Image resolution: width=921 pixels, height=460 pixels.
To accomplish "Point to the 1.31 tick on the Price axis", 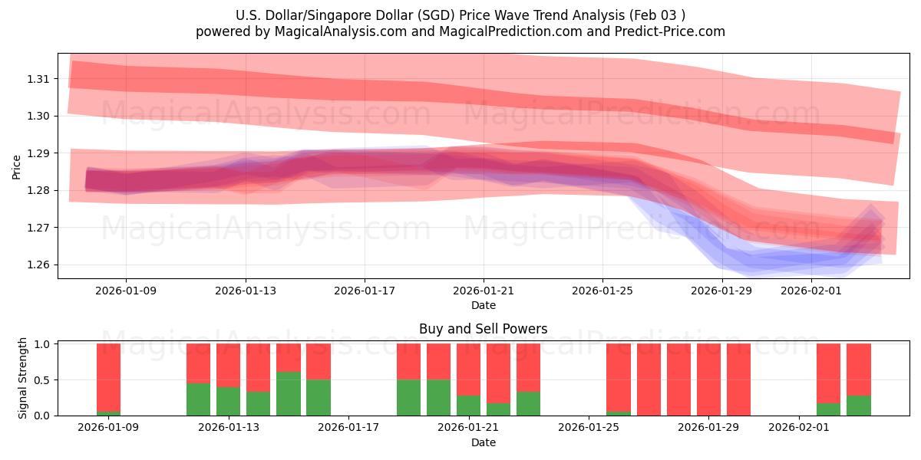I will coord(38,79).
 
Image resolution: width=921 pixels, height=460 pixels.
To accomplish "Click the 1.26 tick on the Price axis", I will coord(38,265).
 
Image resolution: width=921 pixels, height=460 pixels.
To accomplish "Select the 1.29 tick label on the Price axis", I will coord(38,153).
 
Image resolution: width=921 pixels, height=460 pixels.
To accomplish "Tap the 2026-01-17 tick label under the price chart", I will coord(365,291).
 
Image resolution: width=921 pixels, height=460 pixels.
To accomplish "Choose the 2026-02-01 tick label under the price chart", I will coord(811,291).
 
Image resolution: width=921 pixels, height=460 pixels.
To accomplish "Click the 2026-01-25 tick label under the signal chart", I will coord(589,428).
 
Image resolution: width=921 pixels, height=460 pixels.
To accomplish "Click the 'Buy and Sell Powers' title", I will coord(483,329).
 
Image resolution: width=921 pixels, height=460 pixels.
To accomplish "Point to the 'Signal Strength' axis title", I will coord(23,378).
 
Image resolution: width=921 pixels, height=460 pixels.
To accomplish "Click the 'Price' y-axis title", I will coord(17,168).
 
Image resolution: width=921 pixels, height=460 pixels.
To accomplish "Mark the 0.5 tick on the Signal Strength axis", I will coord(42,380).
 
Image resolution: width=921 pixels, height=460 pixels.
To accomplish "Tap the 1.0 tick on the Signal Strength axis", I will coord(42,344).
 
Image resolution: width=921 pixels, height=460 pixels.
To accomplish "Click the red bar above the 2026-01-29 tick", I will coord(708,379).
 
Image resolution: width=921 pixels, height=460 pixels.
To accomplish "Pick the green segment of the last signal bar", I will coord(859,406).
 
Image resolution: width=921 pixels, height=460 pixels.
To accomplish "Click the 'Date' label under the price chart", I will coord(483,305).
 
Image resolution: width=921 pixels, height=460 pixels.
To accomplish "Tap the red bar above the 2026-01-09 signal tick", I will coord(109,377).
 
